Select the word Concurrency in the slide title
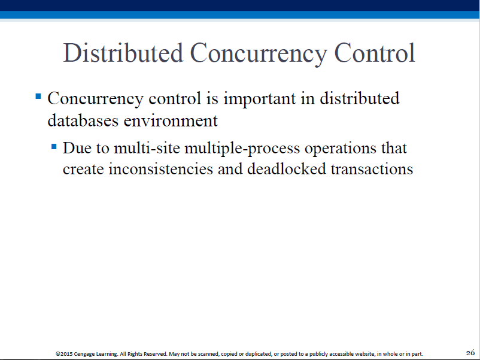pyautogui.click(x=259, y=55)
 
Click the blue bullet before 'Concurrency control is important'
pyautogui.click(x=38, y=96)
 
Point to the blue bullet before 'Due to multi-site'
pyautogui.click(x=54, y=146)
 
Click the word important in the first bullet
pyautogui.click(x=260, y=99)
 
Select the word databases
pyautogui.click(x=83, y=120)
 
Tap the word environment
pyautogui.click(x=171, y=121)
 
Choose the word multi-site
pyautogui.click(x=147, y=149)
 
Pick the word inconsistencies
pyautogui.click(x=161, y=169)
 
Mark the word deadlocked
pyautogui.click(x=287, y=169)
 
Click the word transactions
pyautogui.click(x=372, y=170)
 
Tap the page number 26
pyautogui.click(x=470, y=353)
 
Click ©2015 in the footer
pyautogui.click(x=64, y=354)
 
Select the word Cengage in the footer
pyautogui.click(x=84, y=354)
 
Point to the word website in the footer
pyautogui.click(x=365, y=354)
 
